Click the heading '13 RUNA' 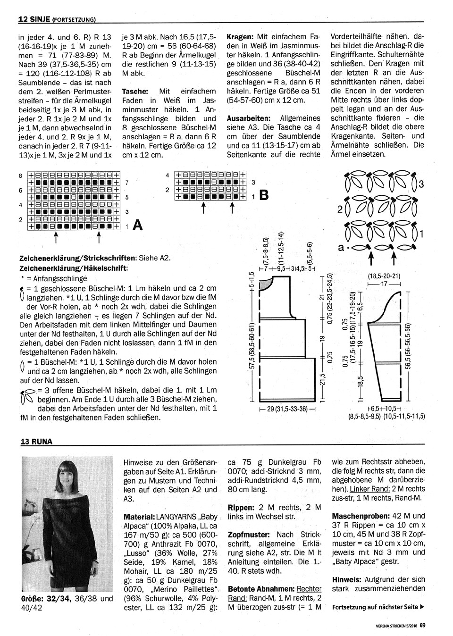click(36, 442)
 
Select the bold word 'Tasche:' click(135, 91)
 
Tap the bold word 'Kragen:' click(240, 36)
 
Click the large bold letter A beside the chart click(137, 225)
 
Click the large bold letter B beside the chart click(264, 195)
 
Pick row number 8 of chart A click(21, 176)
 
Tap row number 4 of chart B click(168, 176)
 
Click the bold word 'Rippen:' click(241, 507)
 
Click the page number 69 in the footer click(422, 626)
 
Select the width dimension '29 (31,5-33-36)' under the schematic click(287, 409)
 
